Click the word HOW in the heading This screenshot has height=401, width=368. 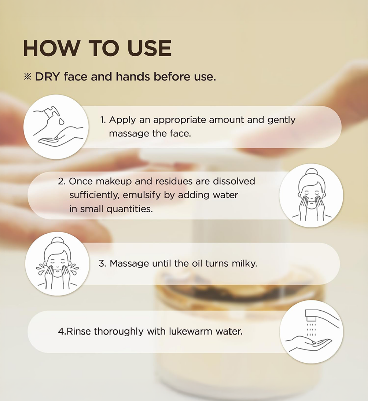[x=51, y=48]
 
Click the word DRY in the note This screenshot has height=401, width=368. [x=48, y=77]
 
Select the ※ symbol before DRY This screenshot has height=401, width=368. [x=28, y=77]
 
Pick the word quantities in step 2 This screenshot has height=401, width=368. [x=129, y=209]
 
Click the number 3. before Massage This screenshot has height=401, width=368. [x=102, y=264]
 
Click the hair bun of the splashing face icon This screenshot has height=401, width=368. [x=58, y=241]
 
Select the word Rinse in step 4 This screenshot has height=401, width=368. [x=79, y=331]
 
